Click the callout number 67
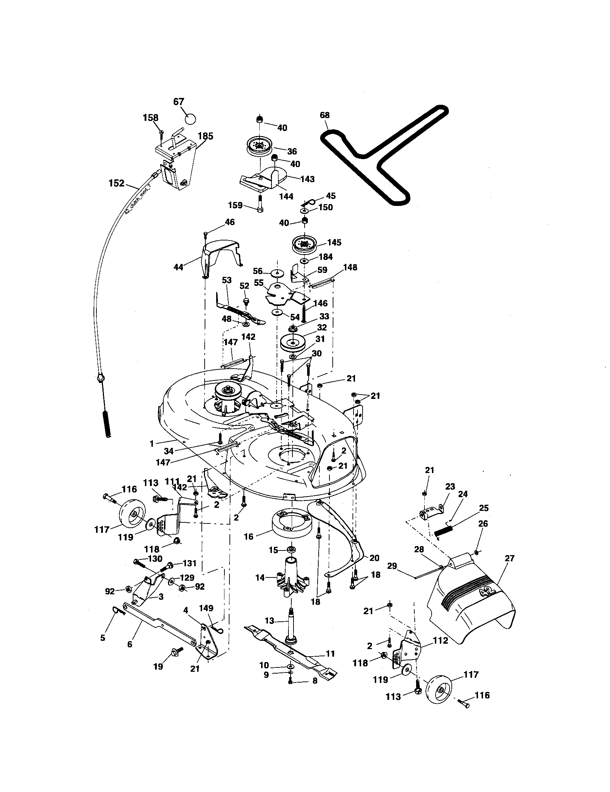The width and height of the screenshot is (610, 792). click(x=179, y=102)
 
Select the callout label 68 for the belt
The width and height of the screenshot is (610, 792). click(x=325, y=115)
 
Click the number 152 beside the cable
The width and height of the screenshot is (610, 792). click(x=116, y=184)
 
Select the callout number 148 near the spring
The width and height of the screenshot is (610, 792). click(x=350, y=267)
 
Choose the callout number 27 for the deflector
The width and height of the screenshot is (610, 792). click(x=509, y=558)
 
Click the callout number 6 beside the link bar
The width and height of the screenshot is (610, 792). click(x=130, y=644)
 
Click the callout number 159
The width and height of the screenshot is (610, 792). click(x=236, y=205)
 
